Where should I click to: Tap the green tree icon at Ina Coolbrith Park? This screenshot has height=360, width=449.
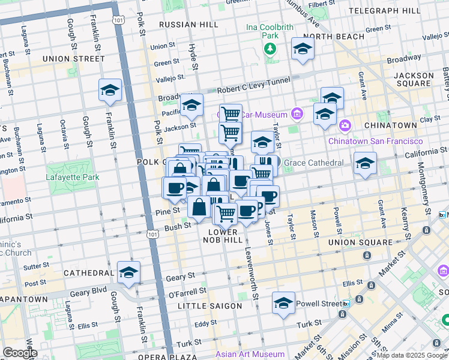[x=270, y=48]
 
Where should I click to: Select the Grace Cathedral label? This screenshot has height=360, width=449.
[x=313, y=163]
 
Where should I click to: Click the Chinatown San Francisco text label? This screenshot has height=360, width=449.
[x=375, y=140]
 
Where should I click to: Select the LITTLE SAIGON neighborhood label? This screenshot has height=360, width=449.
[x=210, y=306]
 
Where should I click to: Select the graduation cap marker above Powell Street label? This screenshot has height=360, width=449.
[x=283, y=303]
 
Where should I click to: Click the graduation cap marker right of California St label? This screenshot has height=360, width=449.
[x=364, y=163]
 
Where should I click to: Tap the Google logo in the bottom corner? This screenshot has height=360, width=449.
[x=19, y=353]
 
